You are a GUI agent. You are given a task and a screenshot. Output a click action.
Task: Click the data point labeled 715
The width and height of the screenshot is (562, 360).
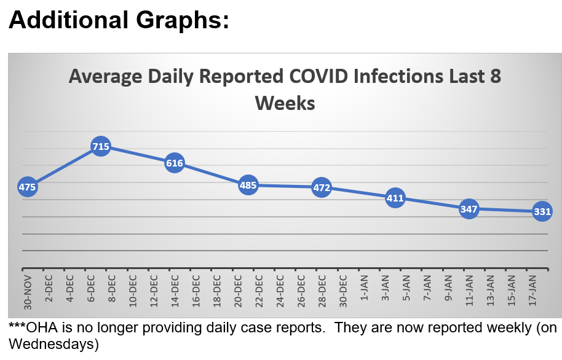(x=101, y=147)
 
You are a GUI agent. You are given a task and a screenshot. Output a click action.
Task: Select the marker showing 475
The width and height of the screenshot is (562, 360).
(x=28, y=187)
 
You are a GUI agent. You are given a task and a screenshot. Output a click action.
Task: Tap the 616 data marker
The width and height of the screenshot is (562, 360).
(x=175, y=163)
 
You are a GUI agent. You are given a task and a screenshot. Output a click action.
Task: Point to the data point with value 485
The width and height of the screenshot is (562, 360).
(x=248, y=185)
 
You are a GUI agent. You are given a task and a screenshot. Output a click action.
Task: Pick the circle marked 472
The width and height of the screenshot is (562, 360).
(x=322, y=187)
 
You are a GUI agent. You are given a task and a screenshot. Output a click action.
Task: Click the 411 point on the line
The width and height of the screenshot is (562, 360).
(x=395, y=198)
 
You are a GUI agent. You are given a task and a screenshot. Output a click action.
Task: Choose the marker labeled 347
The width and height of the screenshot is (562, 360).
(x=469, y=209)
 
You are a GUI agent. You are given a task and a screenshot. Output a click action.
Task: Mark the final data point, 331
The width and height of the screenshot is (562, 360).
(x=542, y=211)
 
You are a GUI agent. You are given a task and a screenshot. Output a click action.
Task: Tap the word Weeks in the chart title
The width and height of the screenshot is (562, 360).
(x=285, y=102)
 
